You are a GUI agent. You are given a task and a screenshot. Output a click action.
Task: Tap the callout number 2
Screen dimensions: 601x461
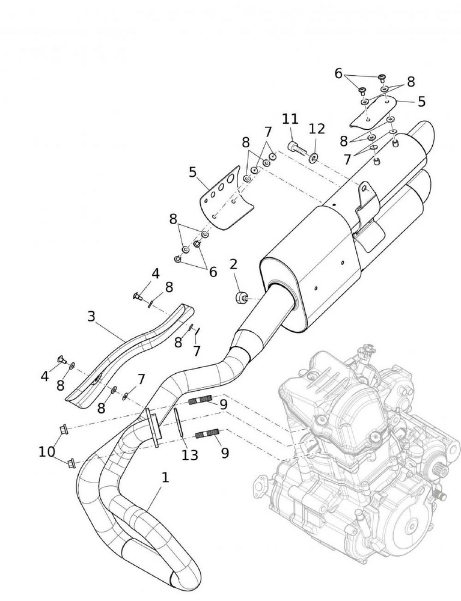(x=233, y=264)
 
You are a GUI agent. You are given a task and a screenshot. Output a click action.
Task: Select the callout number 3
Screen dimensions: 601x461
(x=91, y=316)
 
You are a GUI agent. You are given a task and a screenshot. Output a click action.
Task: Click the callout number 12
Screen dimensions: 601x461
(x=317, y=129)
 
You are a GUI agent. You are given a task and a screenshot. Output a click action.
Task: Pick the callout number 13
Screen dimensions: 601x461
(x=190, y=456)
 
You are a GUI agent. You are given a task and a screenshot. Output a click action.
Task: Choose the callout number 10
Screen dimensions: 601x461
(x=46, y=451)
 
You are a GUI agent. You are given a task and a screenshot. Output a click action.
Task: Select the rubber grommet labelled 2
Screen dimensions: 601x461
(x=240, y=297)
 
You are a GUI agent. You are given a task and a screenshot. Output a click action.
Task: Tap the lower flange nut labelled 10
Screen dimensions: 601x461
(x=71, y=463)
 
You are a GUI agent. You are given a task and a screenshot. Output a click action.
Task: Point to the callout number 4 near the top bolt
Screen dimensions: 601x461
(x=155, y=273)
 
